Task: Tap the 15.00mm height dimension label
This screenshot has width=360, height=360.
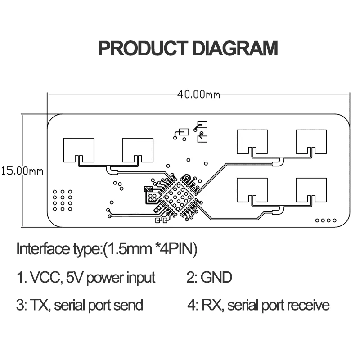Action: tap(22, 171)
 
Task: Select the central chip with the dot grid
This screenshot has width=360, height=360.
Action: tap(179, 196)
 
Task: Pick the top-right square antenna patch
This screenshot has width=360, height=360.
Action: tap(311, 141)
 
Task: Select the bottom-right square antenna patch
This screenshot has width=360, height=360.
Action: tap(311, 190)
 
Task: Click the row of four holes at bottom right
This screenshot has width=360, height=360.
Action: tap(326, 220)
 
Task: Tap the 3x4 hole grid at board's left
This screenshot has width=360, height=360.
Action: tap(63, 200)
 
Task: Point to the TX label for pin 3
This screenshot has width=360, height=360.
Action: tap(40, 305)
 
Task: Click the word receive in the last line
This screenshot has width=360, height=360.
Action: tap(308, 305)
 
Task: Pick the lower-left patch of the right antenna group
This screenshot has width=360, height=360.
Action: tap(252, 190)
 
